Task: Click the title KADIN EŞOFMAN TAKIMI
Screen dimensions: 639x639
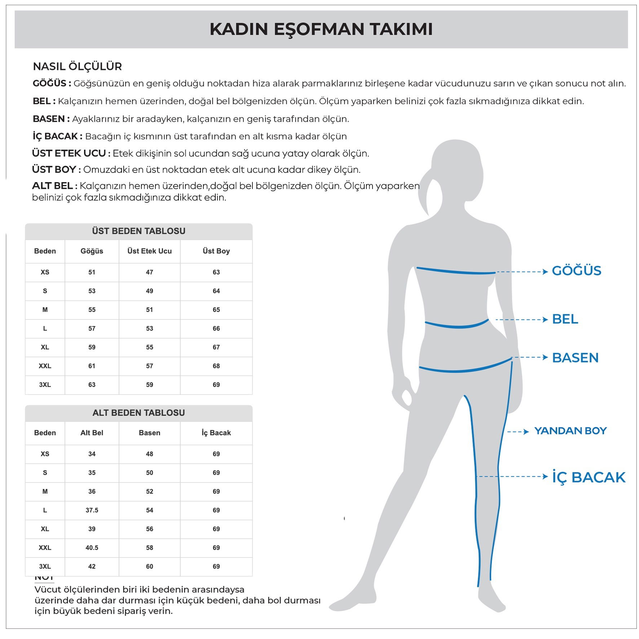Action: pos(321,29)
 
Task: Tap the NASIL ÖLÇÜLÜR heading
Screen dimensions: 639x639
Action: pos(77,66)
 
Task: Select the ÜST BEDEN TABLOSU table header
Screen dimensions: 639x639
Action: pos(138,231)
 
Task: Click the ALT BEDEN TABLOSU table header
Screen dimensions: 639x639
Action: pos(138,413)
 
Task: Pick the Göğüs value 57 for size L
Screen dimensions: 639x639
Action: pos(92,329)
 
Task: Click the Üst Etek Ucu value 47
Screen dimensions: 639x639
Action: pos(149,272)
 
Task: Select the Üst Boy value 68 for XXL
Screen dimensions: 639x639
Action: pos(216,366)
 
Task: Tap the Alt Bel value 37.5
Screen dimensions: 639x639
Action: pos(92,510)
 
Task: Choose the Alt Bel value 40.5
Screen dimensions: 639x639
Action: pos(92,548)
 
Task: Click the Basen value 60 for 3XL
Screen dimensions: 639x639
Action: pos(149,567)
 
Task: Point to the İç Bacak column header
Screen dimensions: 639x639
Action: pos(216,433)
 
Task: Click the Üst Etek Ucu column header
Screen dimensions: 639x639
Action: pos(149,251)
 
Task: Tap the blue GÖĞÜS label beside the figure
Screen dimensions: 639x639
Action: pos(576,271)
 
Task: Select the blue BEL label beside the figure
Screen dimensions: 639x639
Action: pos(565,319)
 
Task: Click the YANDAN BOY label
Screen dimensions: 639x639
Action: pos(570,431)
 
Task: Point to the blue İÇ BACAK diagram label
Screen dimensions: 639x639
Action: pos(589,477)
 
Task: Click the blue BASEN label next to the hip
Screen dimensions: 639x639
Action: pos(575,358)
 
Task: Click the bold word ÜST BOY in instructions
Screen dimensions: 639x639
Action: pos(54,169)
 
